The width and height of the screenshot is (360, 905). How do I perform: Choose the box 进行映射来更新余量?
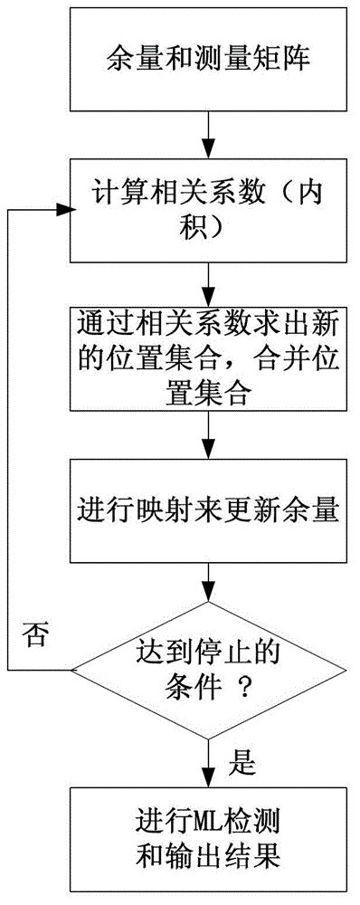208,512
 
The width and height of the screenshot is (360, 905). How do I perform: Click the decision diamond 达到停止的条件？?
208,670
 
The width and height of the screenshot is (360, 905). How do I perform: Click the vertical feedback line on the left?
8,434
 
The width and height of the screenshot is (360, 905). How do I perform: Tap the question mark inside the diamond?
242,689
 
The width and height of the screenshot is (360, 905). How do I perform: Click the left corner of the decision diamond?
73,671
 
